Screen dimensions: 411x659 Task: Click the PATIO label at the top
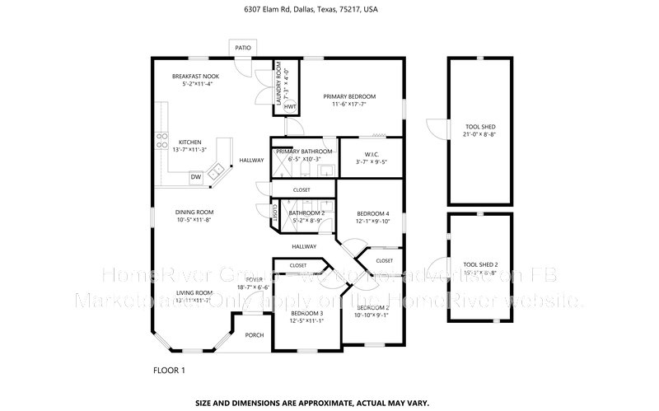[242, 49]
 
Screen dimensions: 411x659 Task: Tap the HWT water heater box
[290, 107]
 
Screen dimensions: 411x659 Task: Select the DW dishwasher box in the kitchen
[196, 176]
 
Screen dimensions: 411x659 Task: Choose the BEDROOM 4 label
[372, 214]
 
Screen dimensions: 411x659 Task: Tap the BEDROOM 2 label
[372, 308]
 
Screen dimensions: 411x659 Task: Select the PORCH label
[254, 334]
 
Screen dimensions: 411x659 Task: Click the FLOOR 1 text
[169, 371]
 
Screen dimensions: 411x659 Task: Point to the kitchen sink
[217, 170]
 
